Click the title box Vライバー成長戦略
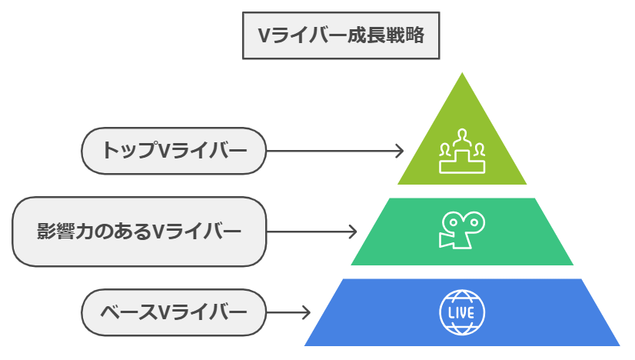[341, 35]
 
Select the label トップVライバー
[174, 151]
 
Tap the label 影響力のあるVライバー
[139, 232]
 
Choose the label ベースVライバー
[174, 312]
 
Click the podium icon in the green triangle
[462, 152]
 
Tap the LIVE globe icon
[462, 312]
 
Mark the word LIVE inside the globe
[462, 312]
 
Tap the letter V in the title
[264, 35]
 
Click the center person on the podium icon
[462, 139]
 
